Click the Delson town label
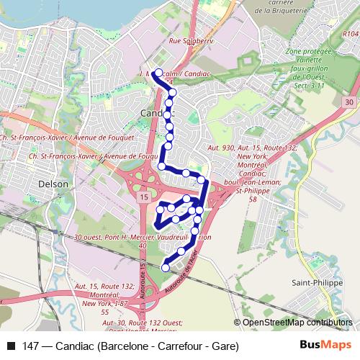(55, 184)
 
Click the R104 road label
(350, 33)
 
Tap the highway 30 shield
(348, 104)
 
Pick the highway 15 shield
(144, 197)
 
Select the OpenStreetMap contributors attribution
(296, 323)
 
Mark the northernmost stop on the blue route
(157, 72)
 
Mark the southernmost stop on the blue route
(166, 267)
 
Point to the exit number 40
(143, 246)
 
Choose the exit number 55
(105, 312)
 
